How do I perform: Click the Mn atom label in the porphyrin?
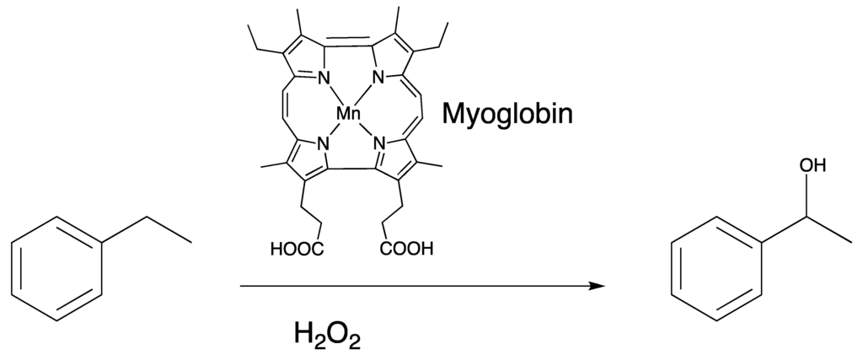pyautogui.click(x=348, y=113)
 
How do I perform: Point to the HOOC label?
pyautogui.click(x=295, y=249)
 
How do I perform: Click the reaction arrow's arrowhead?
pyautogui.click(x=598, y=287)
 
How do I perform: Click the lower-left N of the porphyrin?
pyautogui.click(x=322, y=144)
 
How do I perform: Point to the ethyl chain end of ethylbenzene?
pyautogui.click(x=190, y=242)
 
